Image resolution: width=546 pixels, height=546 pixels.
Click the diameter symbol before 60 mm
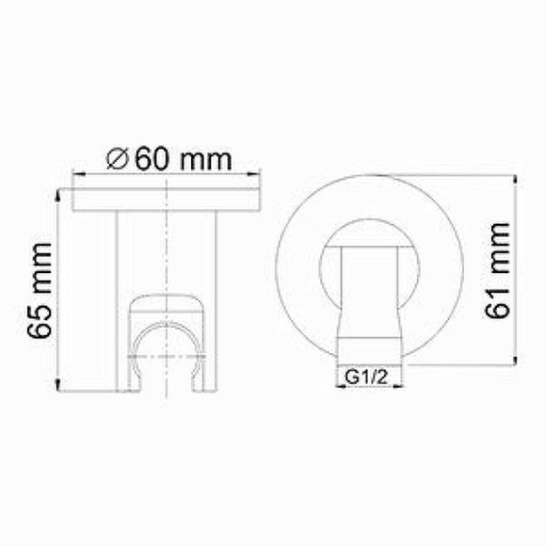tap(119, 159)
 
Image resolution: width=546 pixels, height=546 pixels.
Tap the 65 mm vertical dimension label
tap(39, 287)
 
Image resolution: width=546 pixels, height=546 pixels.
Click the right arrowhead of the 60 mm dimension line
tap(256, 174)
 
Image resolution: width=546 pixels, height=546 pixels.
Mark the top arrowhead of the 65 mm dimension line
tap(60, 193)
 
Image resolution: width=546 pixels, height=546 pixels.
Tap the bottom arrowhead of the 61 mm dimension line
tap(517, 360)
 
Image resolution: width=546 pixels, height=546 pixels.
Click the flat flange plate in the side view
tap(167, 201)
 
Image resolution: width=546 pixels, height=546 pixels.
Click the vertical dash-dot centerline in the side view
tap(167, 254)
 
